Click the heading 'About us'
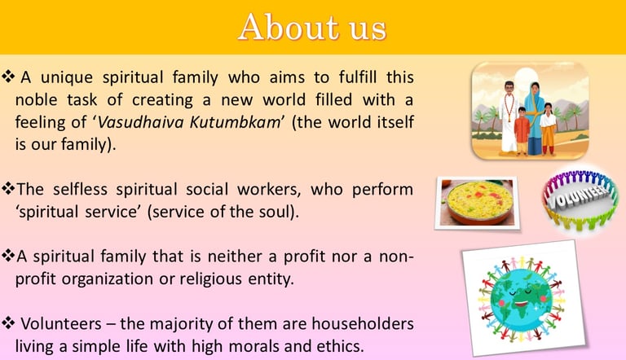[x=312, y=27]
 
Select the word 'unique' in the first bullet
[x=67, y=77]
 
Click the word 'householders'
[x=363, y=323]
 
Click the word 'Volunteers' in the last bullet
[x=61, y=323]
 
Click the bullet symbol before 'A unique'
[x=8, y=76]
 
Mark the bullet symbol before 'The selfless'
[x=8, y=187]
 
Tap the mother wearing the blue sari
[x=534, y=118]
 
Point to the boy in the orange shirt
[x=522, y=130]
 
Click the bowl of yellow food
[x=479, y=202]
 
